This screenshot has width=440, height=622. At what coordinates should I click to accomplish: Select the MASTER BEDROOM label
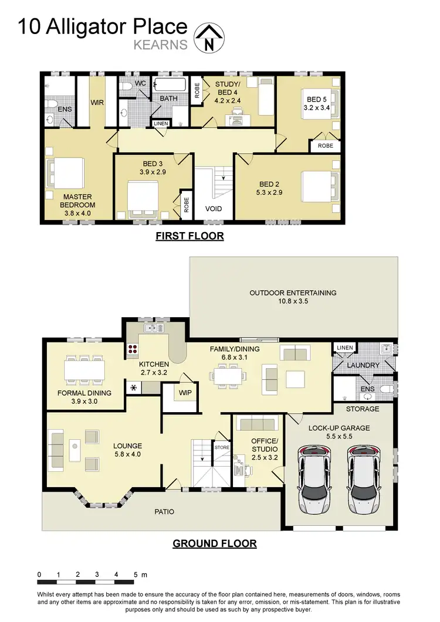pyautogui.click(x=77, y=201)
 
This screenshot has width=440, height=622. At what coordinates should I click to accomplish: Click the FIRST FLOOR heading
pyautogui.click(x=189, y=236)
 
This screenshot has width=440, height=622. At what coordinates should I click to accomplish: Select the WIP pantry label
pyautogui.click(x=185, y=392)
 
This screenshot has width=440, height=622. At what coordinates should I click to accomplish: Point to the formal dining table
pyautogui.click(x=84, y=370)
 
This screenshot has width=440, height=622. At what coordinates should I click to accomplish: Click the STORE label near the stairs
pyautogui.click(x=222, y=447)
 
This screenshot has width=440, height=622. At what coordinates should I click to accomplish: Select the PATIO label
pyautogui.click(x=164, y=512)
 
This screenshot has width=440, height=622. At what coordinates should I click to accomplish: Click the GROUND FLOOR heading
pyautogui.click(x=214, y=543)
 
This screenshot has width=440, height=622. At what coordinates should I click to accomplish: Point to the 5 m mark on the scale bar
pyautogui.click(x=139, y=575)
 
